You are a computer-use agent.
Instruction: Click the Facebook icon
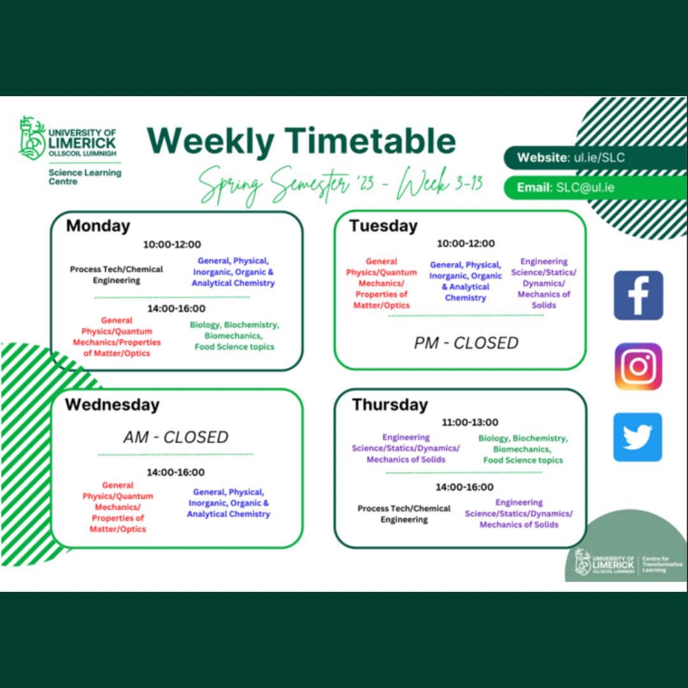click(x=638, y=295)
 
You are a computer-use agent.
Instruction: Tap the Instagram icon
click(x=638, y=366)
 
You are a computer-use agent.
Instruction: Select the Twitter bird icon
click(x=638, y=437)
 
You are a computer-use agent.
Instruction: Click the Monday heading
click(x=98, y=226)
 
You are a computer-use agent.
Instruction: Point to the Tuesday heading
click(x=383, y=226)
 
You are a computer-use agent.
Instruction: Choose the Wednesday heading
click(x=112, y=405)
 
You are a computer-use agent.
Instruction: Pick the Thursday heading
click(x=390, y=405)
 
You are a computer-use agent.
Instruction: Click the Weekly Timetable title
click(x=301, y=141)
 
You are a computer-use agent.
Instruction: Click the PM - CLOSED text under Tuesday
click(x=466, y=343)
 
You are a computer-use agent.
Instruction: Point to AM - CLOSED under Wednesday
click(x=176, y=438)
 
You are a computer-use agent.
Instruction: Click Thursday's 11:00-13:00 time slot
click(x=470, y=422)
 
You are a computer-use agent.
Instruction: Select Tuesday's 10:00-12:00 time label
click(x=466, y=243)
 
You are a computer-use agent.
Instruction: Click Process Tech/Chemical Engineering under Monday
click(x=117, y=275)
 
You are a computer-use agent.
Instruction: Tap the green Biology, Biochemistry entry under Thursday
click(x=523, y=449)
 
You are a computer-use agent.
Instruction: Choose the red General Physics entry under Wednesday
click(x=118, y=507)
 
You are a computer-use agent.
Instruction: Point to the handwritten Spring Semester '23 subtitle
click(x=341, y=185)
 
